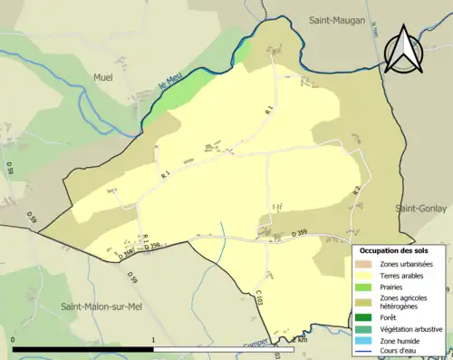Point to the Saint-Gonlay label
tap(421, 208)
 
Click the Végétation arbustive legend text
tap(411, 328)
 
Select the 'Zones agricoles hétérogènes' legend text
tap(410, 302)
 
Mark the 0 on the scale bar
tap(13, 340)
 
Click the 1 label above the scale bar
tap(154, 340)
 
